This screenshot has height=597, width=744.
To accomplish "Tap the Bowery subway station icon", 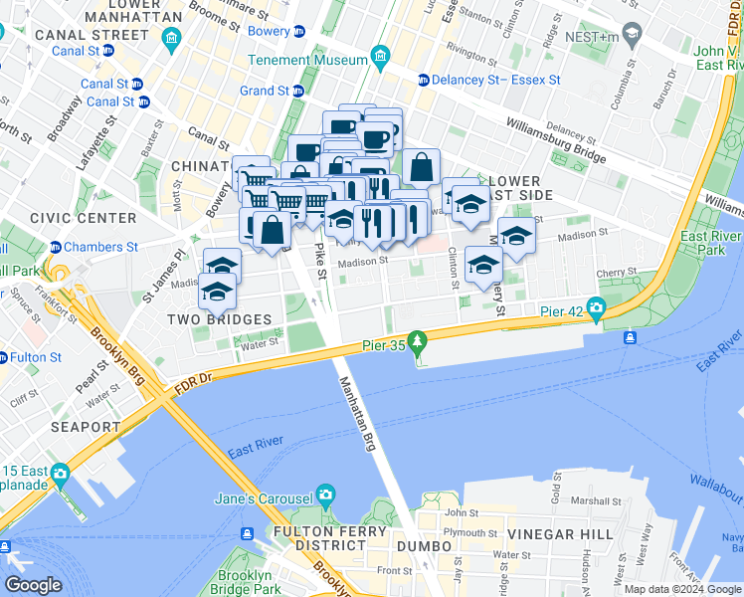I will click(299, 31).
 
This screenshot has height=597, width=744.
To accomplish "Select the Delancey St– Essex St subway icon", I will click(424, 80).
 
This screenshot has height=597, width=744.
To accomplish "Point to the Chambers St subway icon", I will click(57, 247).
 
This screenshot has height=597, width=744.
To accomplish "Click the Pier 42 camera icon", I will click(597, 309).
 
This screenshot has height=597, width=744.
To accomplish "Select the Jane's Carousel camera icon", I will click(325, 496).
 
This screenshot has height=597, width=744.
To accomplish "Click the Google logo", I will click(34, 585).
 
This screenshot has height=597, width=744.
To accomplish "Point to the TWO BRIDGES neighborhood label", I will click(219, 319).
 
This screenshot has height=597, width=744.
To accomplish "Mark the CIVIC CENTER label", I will click(84, 218).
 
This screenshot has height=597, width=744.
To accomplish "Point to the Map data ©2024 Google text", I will click(682, 589).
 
